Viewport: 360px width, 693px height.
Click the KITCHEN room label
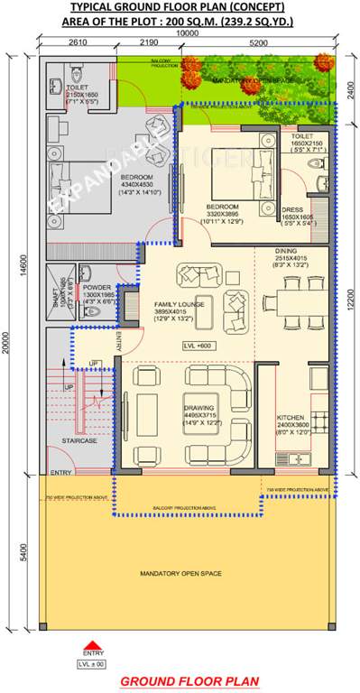click(x=291, y=418)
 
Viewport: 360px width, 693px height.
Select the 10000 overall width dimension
click(x=188, y=32)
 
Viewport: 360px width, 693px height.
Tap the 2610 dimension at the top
click(x=76, y=42)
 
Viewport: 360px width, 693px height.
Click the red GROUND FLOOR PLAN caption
click(x=189, y=681)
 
